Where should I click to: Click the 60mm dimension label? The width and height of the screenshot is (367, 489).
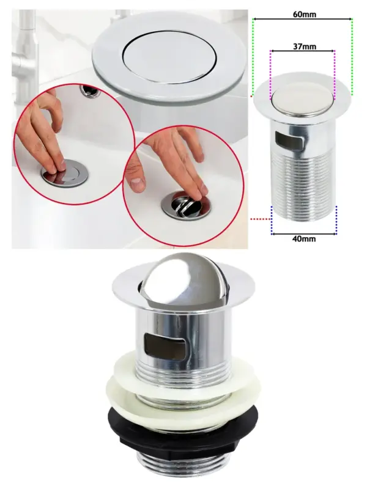(x=304, y=14)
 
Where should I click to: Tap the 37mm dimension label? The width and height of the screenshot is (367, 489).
(x=304, y=46)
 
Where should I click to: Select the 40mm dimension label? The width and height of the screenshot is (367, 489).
(x=304, y=239)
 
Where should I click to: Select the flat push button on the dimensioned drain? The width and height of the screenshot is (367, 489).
(x=302, y=102)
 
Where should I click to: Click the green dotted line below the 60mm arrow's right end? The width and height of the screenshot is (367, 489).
(x=352, y=57)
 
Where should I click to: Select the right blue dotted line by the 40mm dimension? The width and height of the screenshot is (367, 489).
(x=336, y=219)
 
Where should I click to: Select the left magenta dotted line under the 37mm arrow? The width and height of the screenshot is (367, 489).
(x=270, y=75)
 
